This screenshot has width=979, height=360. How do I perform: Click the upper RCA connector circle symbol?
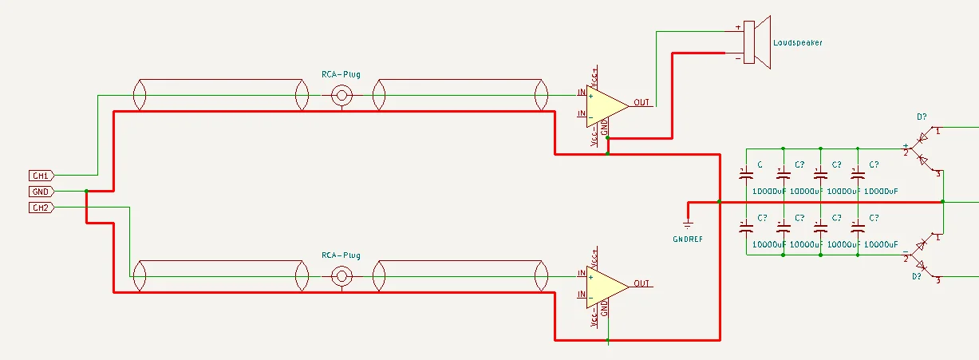[342, 96]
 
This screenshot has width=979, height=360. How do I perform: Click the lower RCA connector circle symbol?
[342, 276]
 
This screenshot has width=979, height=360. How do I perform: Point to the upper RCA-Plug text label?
[341, 75]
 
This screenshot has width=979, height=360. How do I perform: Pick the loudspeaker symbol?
[754, 42]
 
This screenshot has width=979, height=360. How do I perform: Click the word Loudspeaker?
[797, 42]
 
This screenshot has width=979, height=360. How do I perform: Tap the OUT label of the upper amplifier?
[642, 102]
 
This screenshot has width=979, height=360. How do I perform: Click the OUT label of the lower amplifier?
[642, 283]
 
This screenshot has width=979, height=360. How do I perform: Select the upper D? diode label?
[922, 117]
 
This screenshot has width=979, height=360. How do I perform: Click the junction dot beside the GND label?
[85, 192]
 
